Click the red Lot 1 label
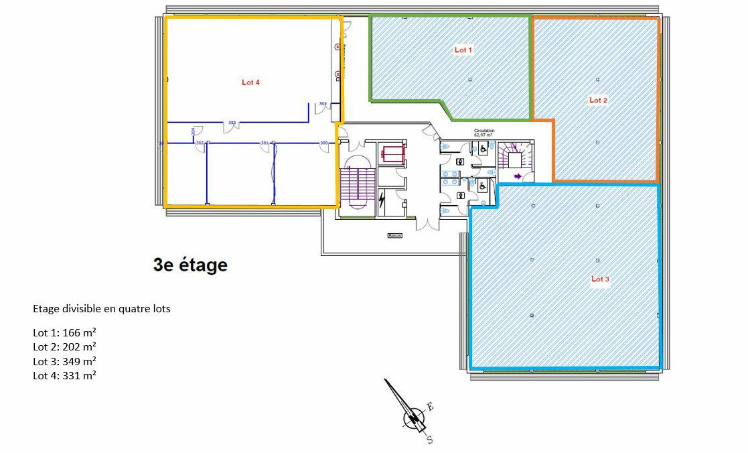(x=463, y=50)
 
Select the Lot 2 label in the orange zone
(x=598, y=101)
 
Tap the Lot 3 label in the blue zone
(x=599, y=279)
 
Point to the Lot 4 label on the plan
(x=250, y=82)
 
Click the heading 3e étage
(x=190, y=265)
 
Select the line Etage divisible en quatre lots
(x=102, y=309)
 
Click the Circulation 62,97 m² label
(x=483, y=133)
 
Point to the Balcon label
(x=394, y=236)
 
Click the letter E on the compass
(x=431, y=407)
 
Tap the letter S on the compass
(x=429, y=440)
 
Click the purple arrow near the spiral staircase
(x=518, y=176)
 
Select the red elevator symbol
(x=392, y=153)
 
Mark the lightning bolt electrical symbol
(x=381, y=200)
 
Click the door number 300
(x=324, y=143)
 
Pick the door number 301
(x=265, y=143)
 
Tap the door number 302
(x=200, y=143)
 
